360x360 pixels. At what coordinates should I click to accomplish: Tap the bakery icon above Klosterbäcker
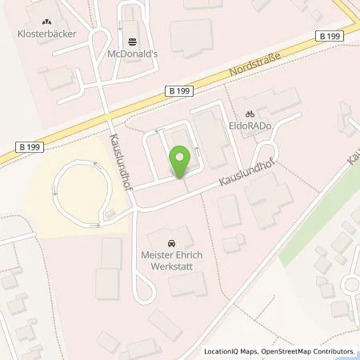coord(46,22)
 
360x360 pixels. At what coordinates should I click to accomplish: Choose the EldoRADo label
coord(254,126)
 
